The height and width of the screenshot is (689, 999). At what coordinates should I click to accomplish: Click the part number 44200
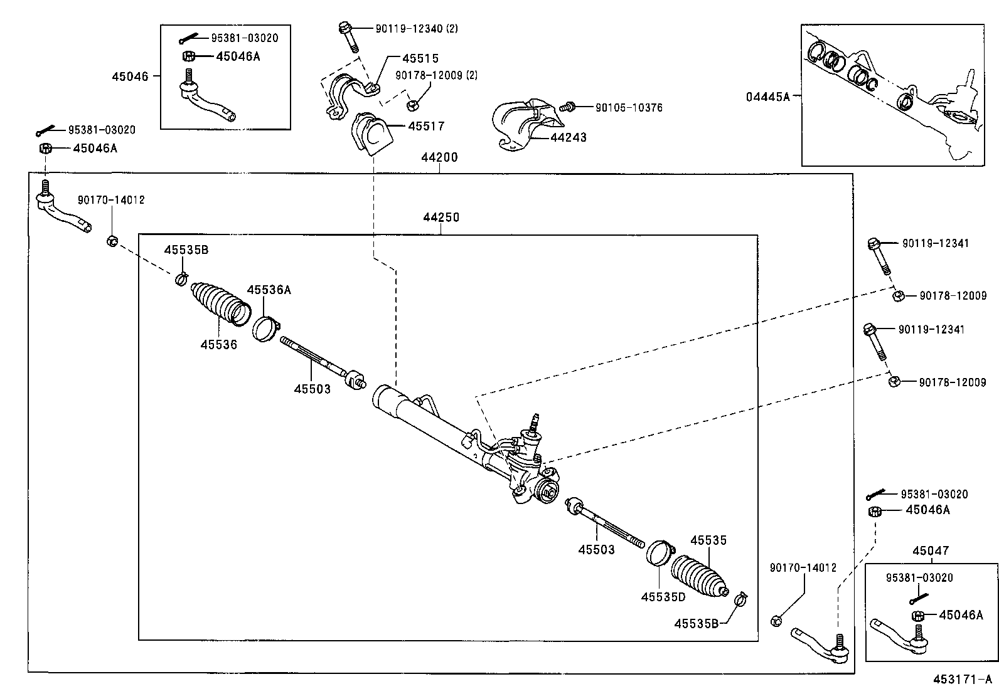click(439, 157)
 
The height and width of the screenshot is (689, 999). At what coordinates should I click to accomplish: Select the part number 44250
click(441, 218)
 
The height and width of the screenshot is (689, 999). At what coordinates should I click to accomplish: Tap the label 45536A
click(269, 290)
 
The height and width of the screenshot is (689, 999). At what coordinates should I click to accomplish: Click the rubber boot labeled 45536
click(220, 304)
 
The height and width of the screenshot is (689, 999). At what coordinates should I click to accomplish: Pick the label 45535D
click(663, 597)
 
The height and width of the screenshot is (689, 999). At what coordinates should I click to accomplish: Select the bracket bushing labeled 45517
click(368, 134)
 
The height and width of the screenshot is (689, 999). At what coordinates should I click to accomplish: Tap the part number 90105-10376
click(628, 108)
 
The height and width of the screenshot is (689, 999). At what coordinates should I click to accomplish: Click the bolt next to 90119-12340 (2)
click(348, 37)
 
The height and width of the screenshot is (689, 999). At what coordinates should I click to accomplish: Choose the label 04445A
click(767, 97)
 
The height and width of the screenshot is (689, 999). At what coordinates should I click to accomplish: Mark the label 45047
click(931, 551)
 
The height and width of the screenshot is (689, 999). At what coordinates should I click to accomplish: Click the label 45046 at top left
click(131, 76)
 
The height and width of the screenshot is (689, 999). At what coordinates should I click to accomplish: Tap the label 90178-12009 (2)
click(436, 75)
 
